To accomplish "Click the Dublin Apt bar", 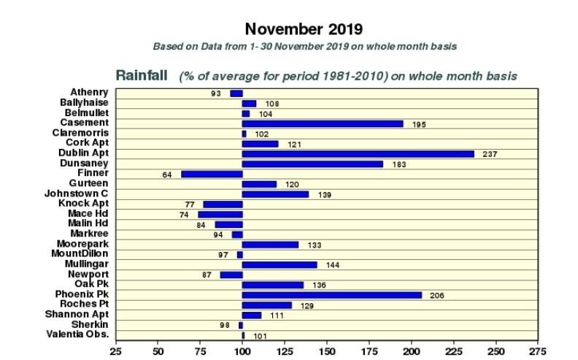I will pyautogui.click(x=358, y=154).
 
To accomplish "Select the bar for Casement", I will pyautogui.click(x=322, y=124).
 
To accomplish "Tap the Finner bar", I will pyautogui.click(x=211, y=174).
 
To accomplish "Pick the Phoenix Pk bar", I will pyautogui.click(x=331, y=295).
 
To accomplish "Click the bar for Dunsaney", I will pyautogui.click(x=312, y=164).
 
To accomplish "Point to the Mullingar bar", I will pyautogui.click(x=280, y=264).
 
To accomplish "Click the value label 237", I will pyautogui.click(x=490, y=155).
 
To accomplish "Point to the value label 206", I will pyautogui.click(x=437, y=296).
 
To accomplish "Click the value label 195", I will pyautogui.click(x=419, y=124).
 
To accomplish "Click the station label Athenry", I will pyautogui.click(x=90, y=93).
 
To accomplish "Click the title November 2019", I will pyautogui.click(x=304, y=29).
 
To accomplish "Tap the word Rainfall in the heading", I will pyautogui.click(x=142, y=75).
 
